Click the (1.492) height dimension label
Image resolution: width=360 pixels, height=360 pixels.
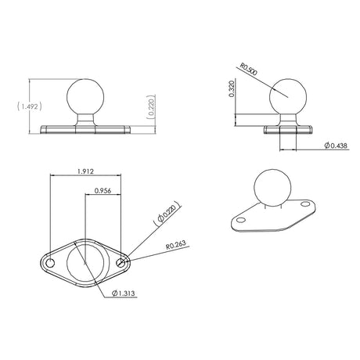pos(30,106)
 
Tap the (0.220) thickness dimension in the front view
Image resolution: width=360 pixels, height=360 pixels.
pos(151,107)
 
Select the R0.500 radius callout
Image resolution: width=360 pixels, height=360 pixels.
pos(249,69)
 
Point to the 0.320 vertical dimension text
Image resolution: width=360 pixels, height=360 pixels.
pos(232,88)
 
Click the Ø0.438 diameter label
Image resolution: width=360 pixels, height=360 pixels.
pos(336,146)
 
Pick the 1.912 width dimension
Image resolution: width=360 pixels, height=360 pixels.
pos(85,171)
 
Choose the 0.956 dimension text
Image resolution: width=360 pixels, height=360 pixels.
pos(103,191)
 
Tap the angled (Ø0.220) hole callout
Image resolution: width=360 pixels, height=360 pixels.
pos(167,213)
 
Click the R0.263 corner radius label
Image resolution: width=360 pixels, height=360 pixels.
pos(176,245)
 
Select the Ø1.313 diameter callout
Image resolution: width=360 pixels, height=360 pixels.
pos(124,293)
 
